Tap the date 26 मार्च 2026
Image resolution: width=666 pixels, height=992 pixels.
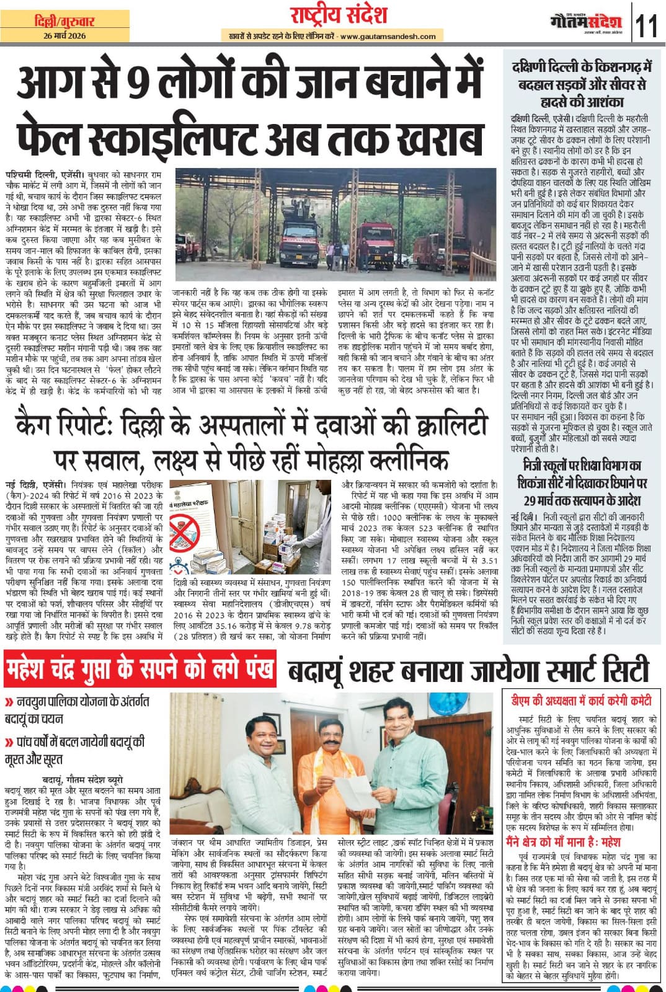[x=65, y=35]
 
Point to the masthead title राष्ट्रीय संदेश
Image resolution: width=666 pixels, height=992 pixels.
[x=339, y=15]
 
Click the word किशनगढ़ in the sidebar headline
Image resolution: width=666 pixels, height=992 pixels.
[x=621, y=67]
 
